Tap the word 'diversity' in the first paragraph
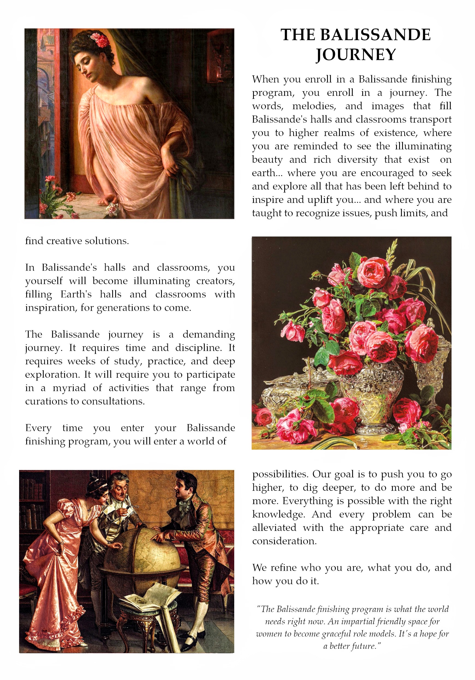357,160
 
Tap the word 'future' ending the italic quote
364,646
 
